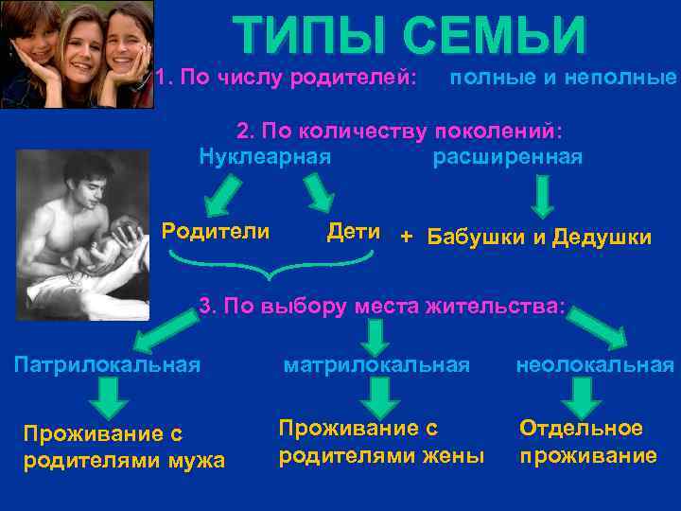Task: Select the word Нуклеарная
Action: click(265, 156)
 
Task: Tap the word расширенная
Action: click(508, 156)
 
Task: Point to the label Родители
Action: click(216, 231)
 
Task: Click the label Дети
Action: click(353, 231)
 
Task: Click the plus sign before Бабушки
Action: click(407, 236)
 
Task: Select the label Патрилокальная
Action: click(107, 363)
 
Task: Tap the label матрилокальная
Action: click(377, 364)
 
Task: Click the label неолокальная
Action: click(595, 364)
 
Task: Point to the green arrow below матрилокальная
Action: click(379, 395)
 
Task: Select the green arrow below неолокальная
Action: click(583, 395)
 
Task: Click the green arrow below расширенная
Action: click(541, 195)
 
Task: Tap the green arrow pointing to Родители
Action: click(223, 196)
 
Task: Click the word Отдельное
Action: click(581, 428)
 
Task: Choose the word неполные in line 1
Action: click(620, 77)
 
